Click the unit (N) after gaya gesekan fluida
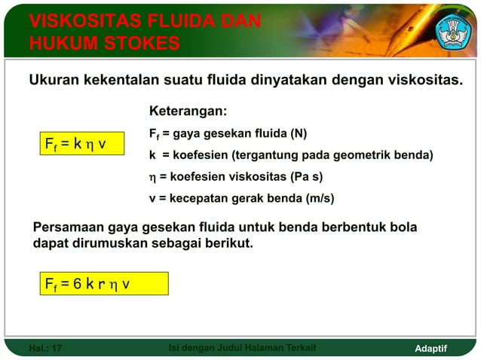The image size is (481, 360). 299,135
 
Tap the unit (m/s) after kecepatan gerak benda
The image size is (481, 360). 320,199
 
